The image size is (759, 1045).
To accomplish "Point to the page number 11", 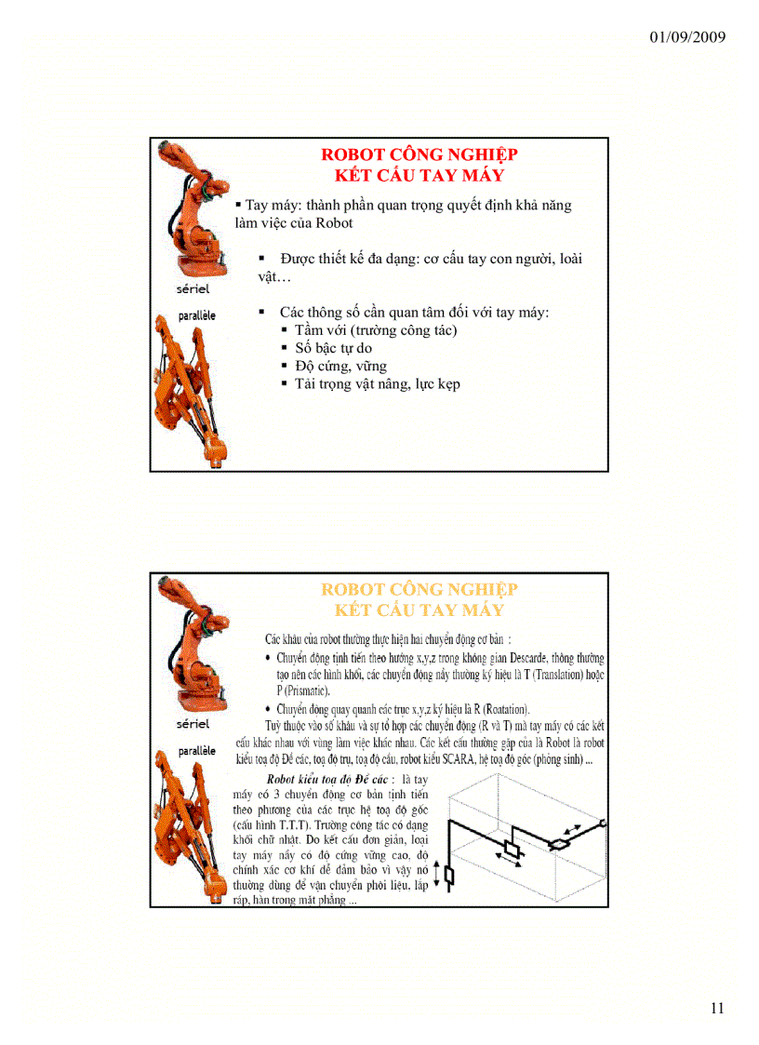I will [x=716, y=1008].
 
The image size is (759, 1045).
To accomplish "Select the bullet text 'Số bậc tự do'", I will [x=333, y=348].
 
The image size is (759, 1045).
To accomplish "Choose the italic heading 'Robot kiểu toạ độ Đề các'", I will [x=329, y=778].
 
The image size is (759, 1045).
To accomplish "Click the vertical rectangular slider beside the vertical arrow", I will [x=450, y=876].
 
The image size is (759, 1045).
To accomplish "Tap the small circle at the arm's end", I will [x=604, y=823].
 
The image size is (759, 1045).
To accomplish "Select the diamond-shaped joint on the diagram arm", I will [x=560, y=844].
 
